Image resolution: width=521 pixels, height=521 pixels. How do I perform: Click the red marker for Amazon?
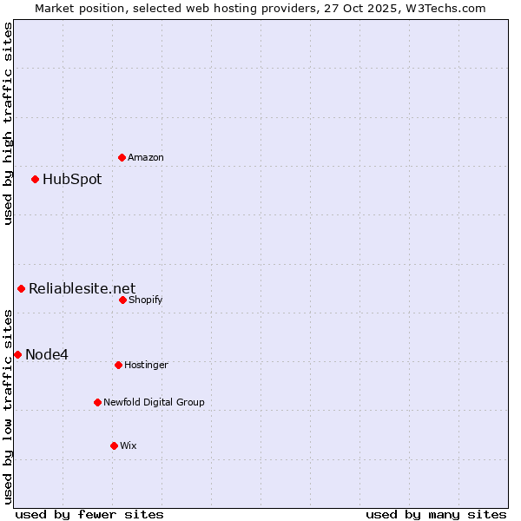coord(122,157)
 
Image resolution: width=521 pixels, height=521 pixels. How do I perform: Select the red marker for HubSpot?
coord(35,179)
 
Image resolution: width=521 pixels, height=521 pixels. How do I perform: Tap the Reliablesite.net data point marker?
coord(21,288)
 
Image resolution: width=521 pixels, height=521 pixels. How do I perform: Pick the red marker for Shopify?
coord(122,300)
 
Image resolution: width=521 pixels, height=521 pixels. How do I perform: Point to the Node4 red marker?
coord(17,354)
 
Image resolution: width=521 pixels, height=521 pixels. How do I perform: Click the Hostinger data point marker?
coord(118,365)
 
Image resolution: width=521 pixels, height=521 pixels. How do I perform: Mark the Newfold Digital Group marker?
coord(97,402)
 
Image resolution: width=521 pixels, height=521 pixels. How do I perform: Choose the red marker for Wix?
coord(114,445)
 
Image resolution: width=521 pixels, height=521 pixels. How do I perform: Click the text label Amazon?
coord(146,157)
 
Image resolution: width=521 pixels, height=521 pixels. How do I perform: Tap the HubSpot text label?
coord(72,180)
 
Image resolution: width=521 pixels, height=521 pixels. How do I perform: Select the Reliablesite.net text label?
coord(82,289)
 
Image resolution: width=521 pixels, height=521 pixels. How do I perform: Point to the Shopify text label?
coord(146,300)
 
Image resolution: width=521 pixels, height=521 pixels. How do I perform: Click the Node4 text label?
coord(47,354)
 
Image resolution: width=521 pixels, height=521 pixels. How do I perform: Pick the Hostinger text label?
coord(146,365)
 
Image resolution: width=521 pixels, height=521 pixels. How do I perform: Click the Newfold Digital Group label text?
coord(155,402)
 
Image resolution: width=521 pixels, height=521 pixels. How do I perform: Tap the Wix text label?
coord(129,445)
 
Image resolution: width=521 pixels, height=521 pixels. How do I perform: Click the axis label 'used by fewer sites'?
coord(89,514)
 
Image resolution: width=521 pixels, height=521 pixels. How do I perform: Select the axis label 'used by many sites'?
coord(436,514)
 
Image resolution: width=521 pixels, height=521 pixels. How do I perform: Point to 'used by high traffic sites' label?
coord(8,123)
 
